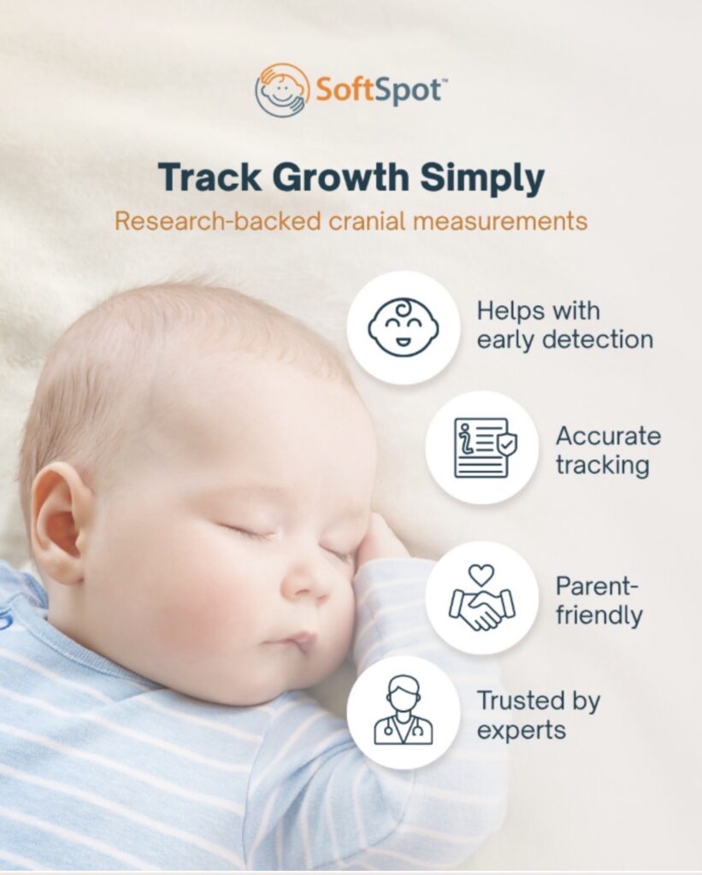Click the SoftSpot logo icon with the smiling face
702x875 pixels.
point(282,90)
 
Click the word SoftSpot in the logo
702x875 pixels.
point(376,90)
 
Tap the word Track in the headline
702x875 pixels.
point(205,179)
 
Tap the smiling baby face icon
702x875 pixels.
point(404,327)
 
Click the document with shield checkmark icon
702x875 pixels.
point(482,447)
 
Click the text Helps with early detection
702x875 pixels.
point(564,325)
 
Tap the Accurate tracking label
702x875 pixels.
point(608,450)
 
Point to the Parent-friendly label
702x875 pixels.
point(599,600)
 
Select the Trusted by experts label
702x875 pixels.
point(539,716)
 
